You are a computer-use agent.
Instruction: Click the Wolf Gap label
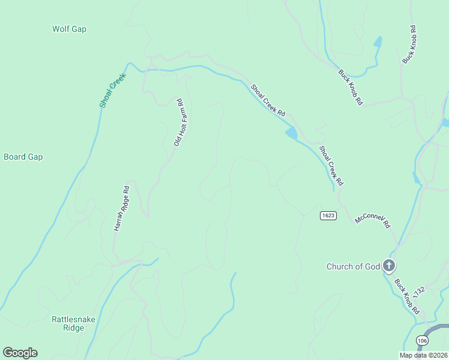(70, 29)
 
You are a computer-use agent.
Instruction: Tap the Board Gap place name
(23, 157)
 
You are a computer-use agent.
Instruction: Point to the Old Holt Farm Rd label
(178, 122)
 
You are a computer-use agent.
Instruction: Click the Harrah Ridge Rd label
(122, 208)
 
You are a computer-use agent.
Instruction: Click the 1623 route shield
(328, 215)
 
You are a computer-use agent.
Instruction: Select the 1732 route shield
(420, 290)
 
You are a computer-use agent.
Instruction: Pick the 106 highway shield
(422, 340)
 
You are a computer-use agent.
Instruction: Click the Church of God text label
(353, 266)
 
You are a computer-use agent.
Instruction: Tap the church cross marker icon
(389, 266)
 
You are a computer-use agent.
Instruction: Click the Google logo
(20, 353)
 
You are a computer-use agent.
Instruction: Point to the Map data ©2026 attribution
(423, 355)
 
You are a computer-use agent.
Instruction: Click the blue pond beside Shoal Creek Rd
(291, 133)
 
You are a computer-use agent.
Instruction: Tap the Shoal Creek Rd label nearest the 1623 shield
(331, 165)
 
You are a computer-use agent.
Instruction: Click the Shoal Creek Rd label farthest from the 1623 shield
(268, 100)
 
